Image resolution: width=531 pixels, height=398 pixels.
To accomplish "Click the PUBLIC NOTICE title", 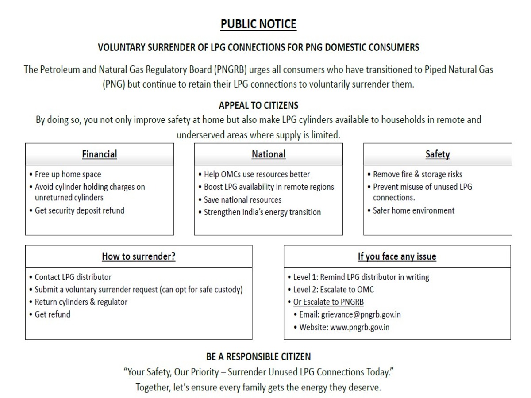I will coord(258,24).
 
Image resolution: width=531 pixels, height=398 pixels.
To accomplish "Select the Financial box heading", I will coord(100,154).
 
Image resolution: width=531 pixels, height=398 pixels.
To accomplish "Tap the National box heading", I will coord(269,154).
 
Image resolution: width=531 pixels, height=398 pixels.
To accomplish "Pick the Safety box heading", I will coord(438,154).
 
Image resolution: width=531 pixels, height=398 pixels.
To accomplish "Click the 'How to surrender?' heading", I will coord(139,256).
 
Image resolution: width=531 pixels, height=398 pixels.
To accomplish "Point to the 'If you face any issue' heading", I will coord(397,256).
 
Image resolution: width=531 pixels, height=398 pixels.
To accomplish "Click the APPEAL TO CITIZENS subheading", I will coord(258,106).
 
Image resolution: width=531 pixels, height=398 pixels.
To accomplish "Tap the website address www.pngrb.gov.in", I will coord(360,328).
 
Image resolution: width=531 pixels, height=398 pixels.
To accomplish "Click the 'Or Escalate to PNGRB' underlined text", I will coord(328,302).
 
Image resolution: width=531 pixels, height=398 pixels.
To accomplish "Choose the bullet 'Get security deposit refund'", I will coord(80,210).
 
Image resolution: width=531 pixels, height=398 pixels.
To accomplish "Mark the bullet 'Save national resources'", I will coord(242,200).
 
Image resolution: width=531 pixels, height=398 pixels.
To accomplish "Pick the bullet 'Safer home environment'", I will coord(413,210).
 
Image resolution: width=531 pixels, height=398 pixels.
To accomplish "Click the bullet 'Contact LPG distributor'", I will coord(73,277).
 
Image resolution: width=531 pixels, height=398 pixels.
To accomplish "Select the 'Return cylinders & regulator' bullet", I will coord(81,302).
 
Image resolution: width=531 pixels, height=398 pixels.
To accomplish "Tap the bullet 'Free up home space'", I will coord(68,174).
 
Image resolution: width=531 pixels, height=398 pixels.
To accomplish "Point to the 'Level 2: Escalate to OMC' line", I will coord(333,290).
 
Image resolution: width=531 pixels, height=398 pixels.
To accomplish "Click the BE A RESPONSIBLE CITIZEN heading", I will coord(258,356).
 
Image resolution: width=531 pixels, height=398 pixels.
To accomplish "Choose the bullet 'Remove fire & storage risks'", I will coord(417,174).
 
